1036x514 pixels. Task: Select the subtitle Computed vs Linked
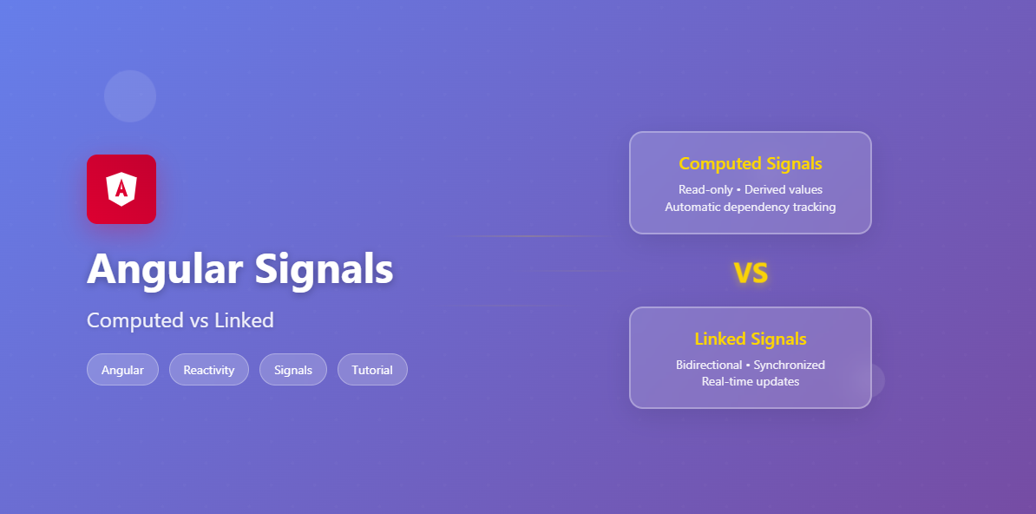point(180,320)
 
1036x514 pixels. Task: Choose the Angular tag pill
point(122,370)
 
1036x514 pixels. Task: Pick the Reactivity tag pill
point(209,370)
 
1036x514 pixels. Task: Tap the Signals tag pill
point(293,370)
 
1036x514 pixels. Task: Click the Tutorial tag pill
point(372,370)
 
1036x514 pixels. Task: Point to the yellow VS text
point(751,273)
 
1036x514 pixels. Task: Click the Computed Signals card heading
point(751,163)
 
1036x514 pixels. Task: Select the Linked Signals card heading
point(751,339)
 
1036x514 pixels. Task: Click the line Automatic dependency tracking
point(751,207)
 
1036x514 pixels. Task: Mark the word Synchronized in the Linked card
point(789,365)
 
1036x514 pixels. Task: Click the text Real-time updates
point(751,381)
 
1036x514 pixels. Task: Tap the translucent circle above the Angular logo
point(130,96)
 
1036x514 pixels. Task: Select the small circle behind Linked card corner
point(876,379)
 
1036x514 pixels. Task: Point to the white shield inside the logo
point(121,188)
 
